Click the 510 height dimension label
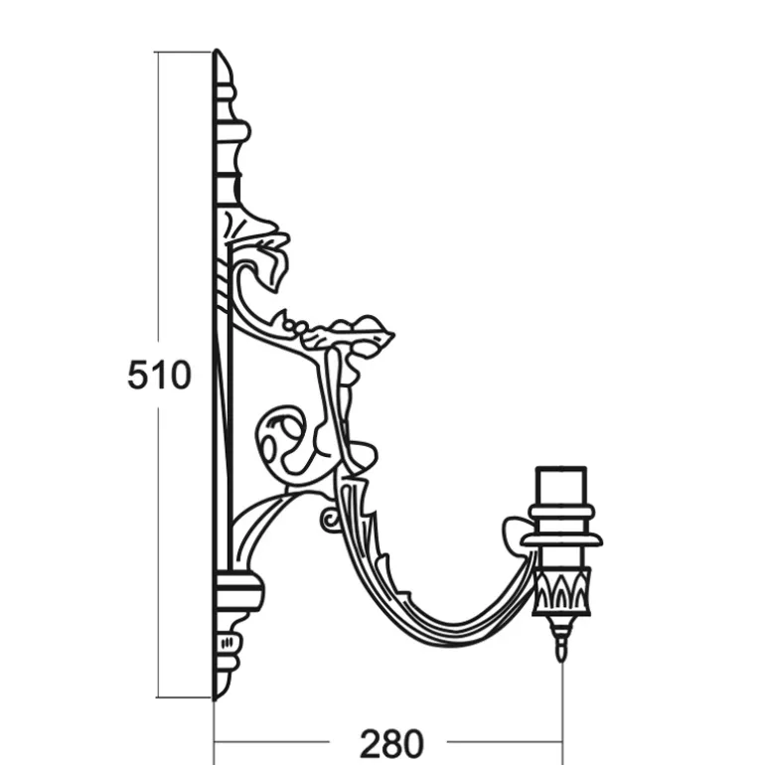point(159,375)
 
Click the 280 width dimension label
point(391,742)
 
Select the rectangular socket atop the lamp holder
point(561,487)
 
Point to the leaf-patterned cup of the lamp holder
point(562,591)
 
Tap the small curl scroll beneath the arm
point(330,520)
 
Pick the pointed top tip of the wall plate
point(218,50)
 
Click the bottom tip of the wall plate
point(216,699)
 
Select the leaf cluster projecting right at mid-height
point(347,334)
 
